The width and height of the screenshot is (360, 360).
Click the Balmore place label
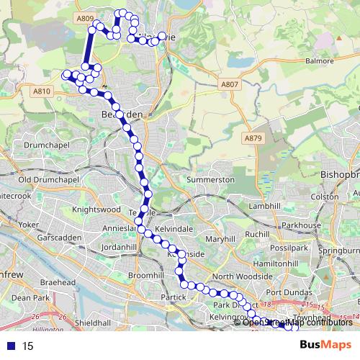320,60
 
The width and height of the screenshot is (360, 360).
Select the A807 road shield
230,84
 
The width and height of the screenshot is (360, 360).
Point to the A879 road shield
253,138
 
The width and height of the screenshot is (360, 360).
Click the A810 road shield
42,91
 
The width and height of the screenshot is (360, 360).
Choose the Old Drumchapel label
45,179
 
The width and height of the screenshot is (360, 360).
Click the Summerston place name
211,179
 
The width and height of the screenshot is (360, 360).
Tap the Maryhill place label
220,238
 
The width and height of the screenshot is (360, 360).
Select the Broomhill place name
145,276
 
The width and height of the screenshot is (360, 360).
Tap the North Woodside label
242,276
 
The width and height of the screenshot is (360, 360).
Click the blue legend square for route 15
11,346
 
